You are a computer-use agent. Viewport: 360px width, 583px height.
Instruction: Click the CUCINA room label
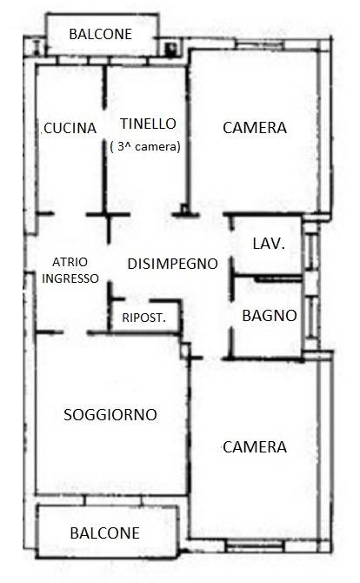coord(70,128)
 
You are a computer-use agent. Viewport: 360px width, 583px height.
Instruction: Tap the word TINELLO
coord(148,124)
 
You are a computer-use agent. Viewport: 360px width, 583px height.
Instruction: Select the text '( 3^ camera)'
coord(145,146)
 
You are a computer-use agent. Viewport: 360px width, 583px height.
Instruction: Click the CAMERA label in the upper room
coord(255,128)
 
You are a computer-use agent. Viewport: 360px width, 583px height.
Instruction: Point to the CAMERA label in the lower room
coord(255,447)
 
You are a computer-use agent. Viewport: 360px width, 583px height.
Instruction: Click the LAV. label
coord(269,244)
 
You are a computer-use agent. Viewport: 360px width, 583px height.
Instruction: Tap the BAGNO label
coord(270,316)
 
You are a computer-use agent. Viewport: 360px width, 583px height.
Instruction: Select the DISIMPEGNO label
coord(173,264)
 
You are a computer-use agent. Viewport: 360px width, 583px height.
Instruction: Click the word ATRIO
coord(70,262)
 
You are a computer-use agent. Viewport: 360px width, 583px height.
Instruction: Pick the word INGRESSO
coord(70,278)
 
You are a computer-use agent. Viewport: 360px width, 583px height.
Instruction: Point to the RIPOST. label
coord(144,318)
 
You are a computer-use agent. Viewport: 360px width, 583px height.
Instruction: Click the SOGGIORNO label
coord(110,415)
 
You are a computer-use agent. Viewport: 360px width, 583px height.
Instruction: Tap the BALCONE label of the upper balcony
coord(101,34)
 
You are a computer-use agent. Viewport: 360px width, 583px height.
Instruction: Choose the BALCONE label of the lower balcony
coord(104,533)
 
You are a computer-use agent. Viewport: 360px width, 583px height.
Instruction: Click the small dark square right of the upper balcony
coord(170,48)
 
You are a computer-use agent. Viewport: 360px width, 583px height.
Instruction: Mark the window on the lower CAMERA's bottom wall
coord(255,546)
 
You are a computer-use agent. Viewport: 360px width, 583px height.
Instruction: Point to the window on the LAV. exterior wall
coord(310,247)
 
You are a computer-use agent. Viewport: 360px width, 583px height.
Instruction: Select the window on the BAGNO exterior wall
coord(311,316)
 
